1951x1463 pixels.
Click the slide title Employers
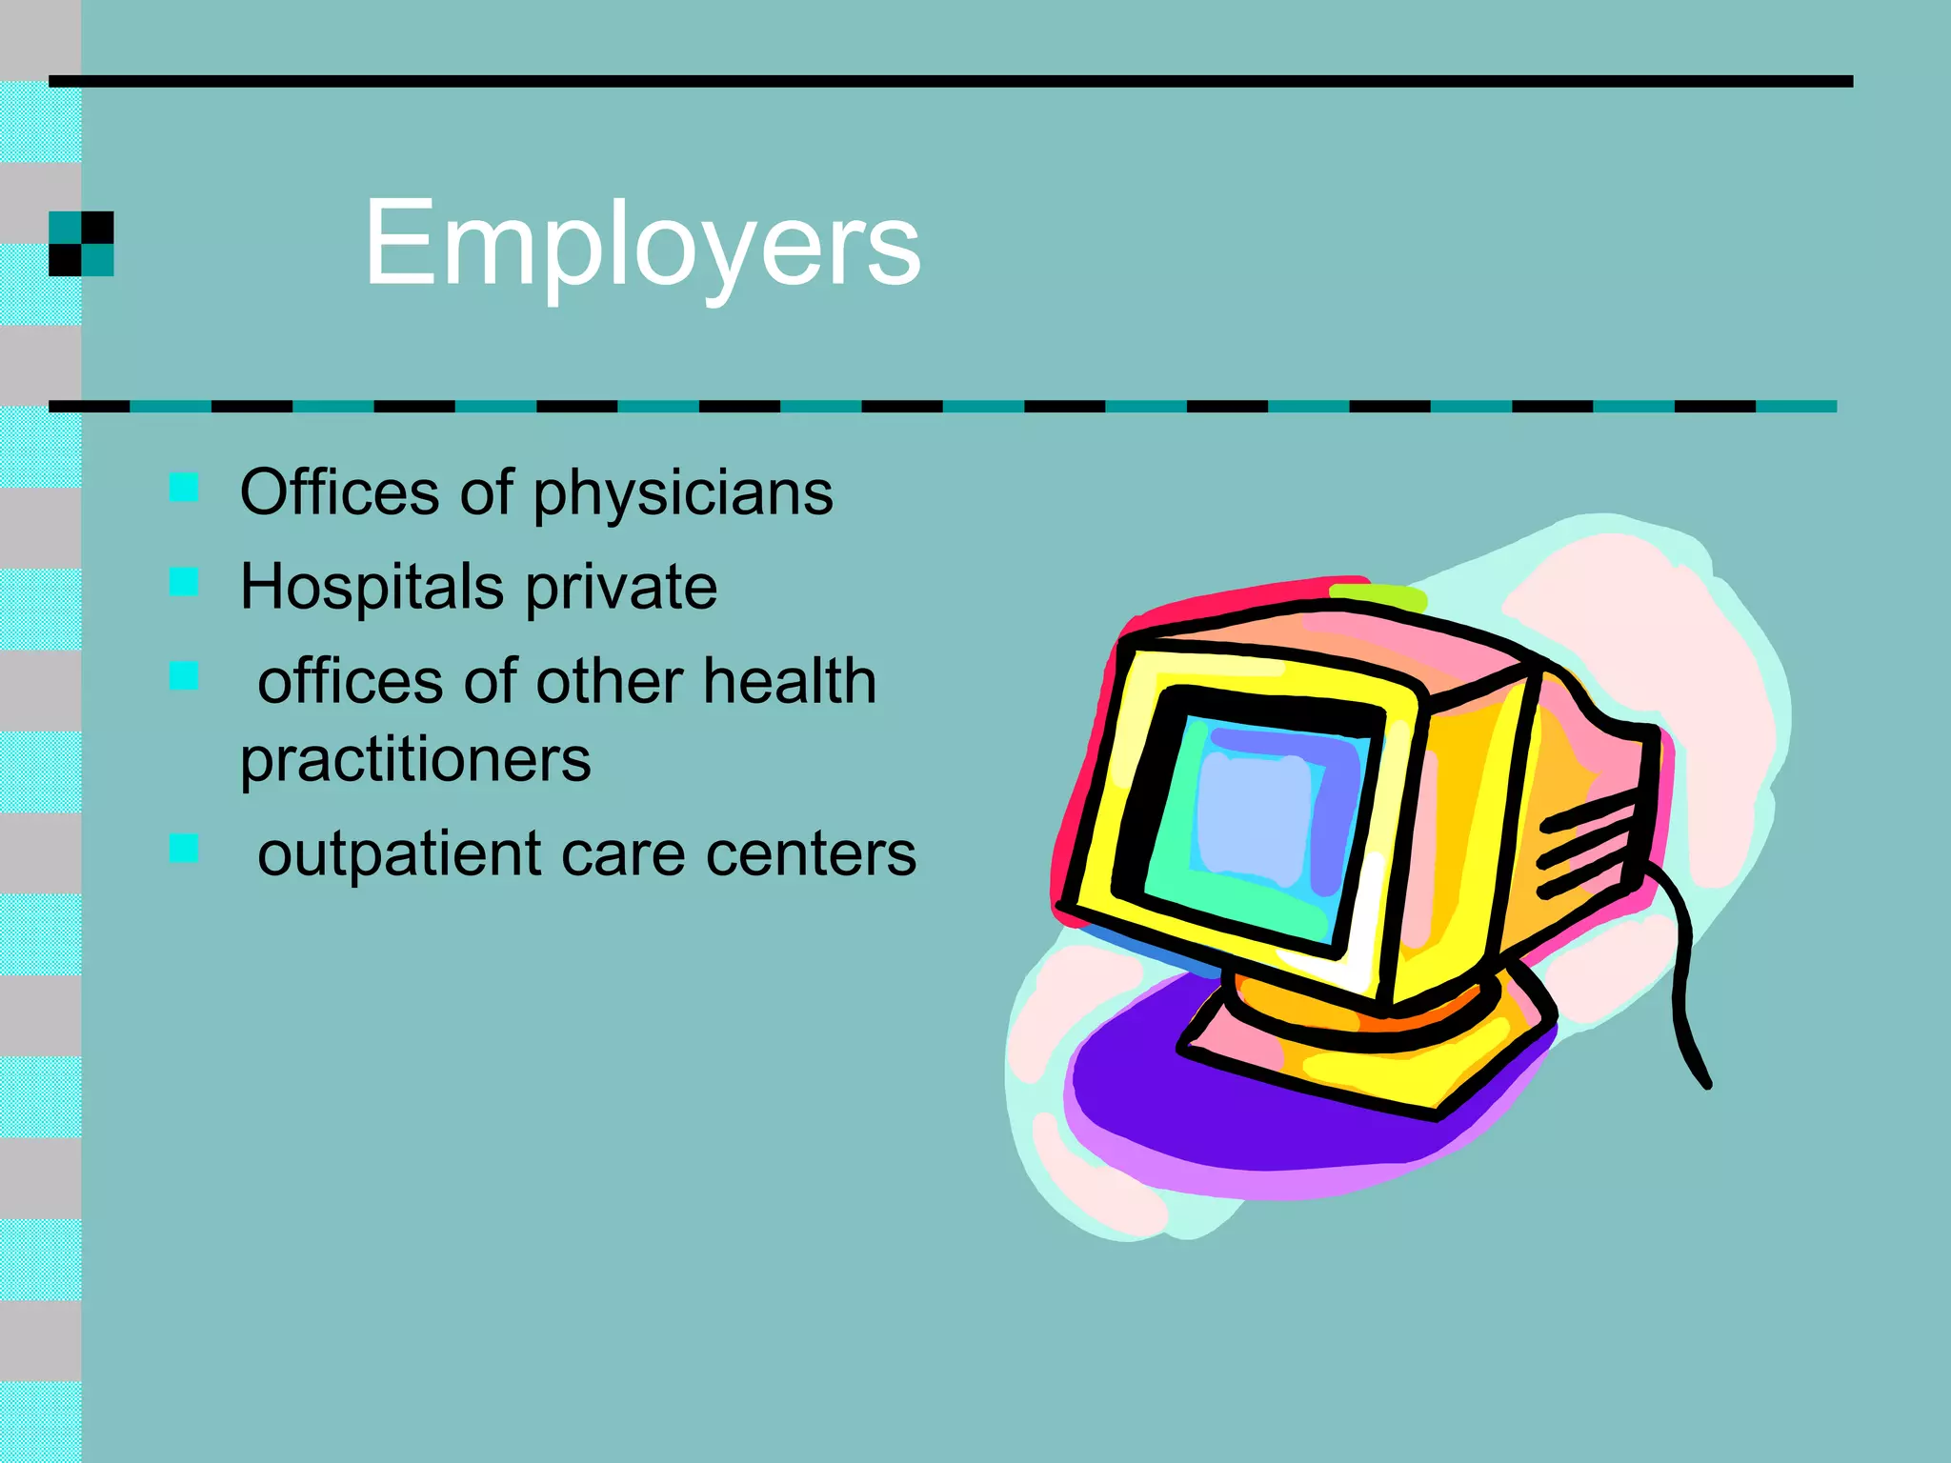pyautogui.click(x=642, y=244)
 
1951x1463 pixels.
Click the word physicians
pyautogui.click(x=682, y=493)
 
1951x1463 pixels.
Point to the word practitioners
pyautogui.click(x=415, y=760)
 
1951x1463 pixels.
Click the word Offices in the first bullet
pyautogui.click(x=339, y=492)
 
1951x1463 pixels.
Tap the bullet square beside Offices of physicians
pyautogui.click(x=184, y=487)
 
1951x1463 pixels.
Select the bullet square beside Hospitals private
pyautogui.click(x=184, y=581)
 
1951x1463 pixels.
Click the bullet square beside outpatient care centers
pyautogui.click(x=184, y=848)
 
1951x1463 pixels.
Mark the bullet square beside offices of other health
pyautogui.click(x=184, y=675)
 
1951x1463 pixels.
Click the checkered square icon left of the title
pyautogui.click(x=81, y=244)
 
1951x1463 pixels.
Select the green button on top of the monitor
pyautogui.click(x=1378, y=597)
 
